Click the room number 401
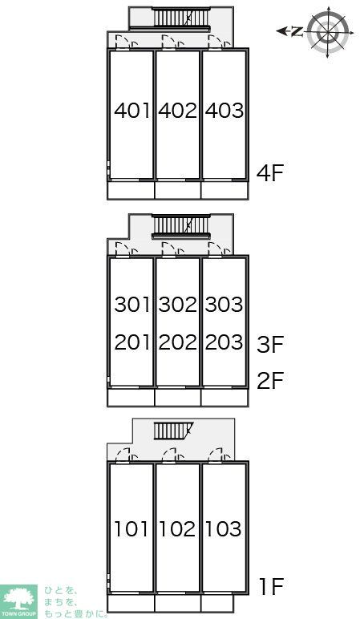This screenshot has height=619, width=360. click(x=131, y=110)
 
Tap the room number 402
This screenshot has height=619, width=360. click(x=178, y=110)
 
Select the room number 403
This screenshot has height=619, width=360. click(x=224, y=110)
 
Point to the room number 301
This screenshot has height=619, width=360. click(x=131, y=305)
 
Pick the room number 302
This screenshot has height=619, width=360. click(x=178, y=305)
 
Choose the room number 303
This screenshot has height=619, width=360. click(x=224, y=305)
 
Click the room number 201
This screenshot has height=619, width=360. click(x=131, y=342)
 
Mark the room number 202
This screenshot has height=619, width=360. click(x=178, y=342)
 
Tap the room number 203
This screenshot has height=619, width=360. click(x=224, y=342)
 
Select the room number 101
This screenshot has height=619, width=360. click(x=131, y=529)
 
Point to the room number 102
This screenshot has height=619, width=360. click(x=177, y=529)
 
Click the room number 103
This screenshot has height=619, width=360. click(x=224, y=529)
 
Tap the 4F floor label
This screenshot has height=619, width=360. click(x=270, y=173)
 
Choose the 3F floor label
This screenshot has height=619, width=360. click(x=270, y=344)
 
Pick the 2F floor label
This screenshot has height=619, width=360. click(x=270, y=380)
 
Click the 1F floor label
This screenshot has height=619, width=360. click(x=272, y=586)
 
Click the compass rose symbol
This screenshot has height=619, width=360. click(x=328, y=31)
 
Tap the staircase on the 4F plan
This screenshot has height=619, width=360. click(x=180, y=18)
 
